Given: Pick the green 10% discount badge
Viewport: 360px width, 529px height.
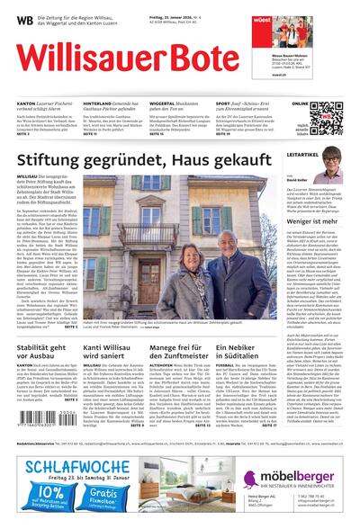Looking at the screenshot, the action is [35, 500].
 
